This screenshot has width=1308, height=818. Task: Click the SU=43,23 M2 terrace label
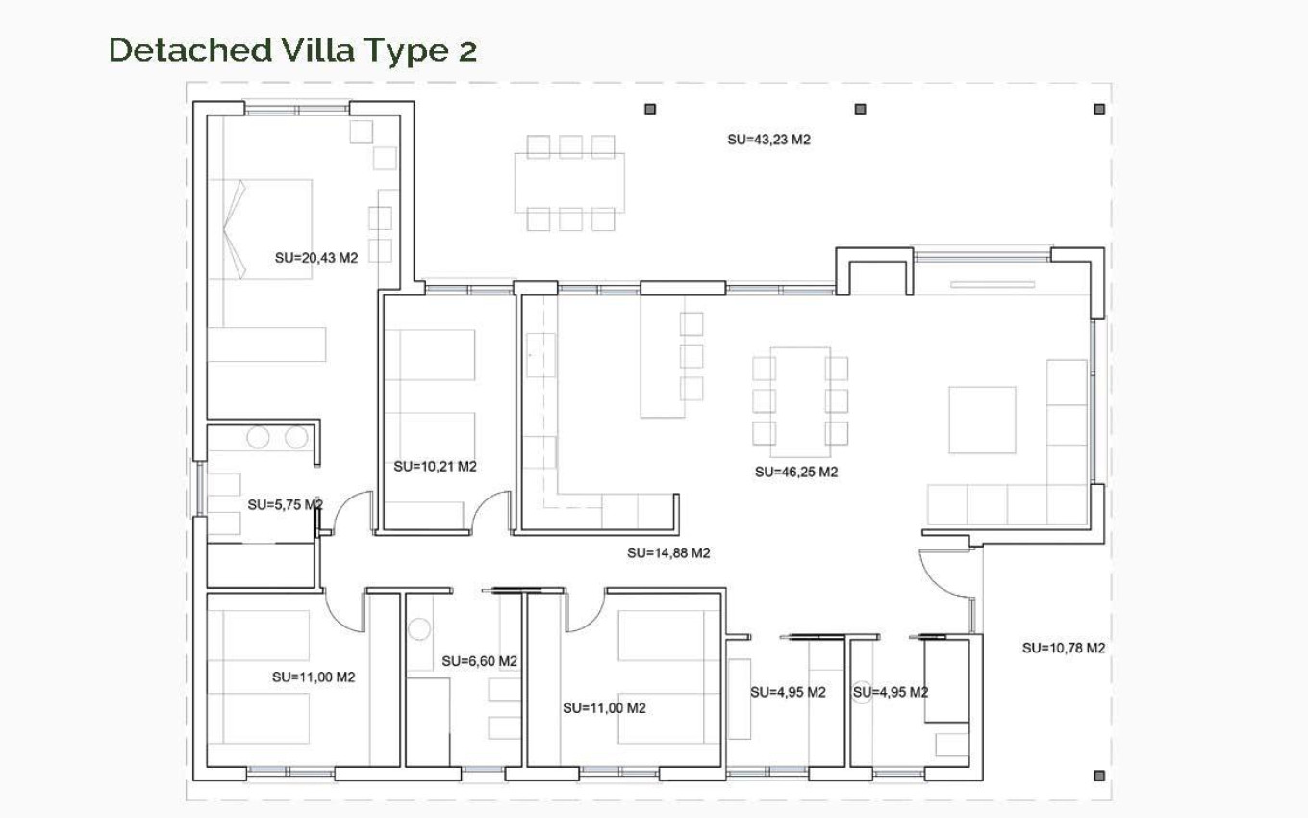[768, 140]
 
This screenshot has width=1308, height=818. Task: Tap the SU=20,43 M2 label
[315, 258]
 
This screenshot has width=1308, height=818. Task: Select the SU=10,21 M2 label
[435, 467]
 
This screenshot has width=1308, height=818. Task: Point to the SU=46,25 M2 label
[796, 473]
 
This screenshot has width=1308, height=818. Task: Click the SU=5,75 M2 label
[285, 504]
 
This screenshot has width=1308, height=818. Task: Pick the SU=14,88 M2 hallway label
[668, 553]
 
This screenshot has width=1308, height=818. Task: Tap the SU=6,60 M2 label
[479, 661]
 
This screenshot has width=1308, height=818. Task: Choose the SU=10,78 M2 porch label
[1063, 648]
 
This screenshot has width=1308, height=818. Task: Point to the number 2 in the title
[466, 51]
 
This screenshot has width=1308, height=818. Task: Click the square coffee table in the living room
[982, 420]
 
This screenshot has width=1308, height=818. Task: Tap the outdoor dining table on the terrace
[569, 183]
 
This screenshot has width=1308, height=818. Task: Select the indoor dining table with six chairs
[799, 401]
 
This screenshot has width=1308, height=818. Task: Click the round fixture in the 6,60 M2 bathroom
[418, 630]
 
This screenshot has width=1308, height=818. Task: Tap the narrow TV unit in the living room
[994, 284]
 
